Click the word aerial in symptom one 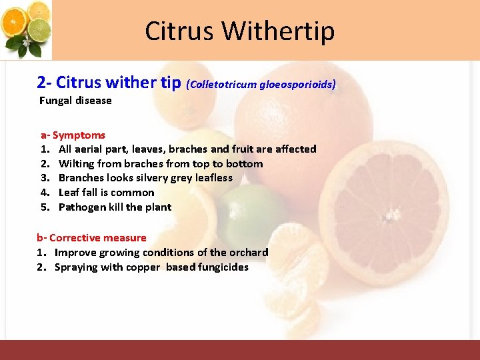tap(88, 149)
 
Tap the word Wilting tap(77, 164)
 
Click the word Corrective tap(73, 238)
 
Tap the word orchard tap(249, 253)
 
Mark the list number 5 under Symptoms tap(45, 207)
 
